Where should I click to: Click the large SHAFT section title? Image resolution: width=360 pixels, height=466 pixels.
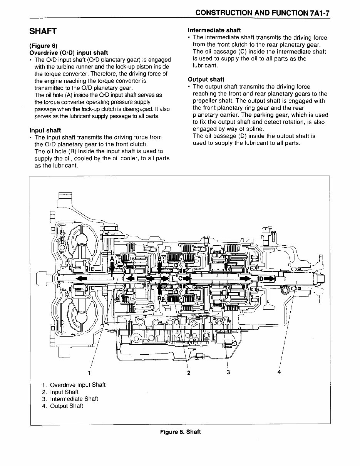click(x=43, y=31)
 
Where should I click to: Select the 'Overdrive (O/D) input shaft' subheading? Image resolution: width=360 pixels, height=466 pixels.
click(x=69, y=52)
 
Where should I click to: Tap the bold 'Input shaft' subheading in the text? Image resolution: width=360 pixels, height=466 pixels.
click(x=45, y=130)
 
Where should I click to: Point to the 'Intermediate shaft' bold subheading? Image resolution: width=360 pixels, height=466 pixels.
click(x=214, y=30)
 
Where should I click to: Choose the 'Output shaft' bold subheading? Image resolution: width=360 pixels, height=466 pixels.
click(x=206, y=80)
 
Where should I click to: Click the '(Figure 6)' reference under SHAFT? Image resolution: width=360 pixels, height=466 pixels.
click(x=44, y=46)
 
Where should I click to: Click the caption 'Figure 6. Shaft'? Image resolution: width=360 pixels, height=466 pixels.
click(x=180, y=431)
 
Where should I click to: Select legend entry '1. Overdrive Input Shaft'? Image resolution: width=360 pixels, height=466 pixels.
click(x=74, y=385)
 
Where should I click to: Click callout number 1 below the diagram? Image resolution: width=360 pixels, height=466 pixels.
click(x=89, y=372)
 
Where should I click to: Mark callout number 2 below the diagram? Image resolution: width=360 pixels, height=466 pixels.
click(x=189, y=372)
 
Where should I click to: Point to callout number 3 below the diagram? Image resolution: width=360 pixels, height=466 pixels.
click(x=228, y=372)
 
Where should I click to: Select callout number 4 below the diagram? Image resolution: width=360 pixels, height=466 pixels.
click(x=279, y=372)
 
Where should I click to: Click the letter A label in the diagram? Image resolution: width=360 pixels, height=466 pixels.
click(x=112, y=259)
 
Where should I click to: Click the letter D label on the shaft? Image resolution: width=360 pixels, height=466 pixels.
click(x=261, y=278)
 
